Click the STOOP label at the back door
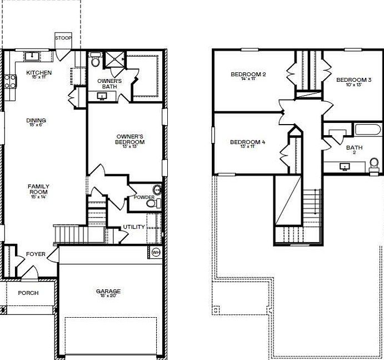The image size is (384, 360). click(63, 38)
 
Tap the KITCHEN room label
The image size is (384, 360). click(39, 73)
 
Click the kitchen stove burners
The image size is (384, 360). click(9, 82)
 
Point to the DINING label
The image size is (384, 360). click(36, 121)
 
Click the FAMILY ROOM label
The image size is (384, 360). click(39, 189)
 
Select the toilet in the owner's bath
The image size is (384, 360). click(95, 61)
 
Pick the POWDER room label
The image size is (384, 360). click(143, 198)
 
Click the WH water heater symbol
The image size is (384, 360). click(156, 253)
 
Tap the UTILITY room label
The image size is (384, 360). click(134, 227)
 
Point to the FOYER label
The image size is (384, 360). click(36, 254)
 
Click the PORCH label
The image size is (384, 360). click(28, 293)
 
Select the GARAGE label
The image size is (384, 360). click(108, 291)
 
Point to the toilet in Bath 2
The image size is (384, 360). click(373, 164)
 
